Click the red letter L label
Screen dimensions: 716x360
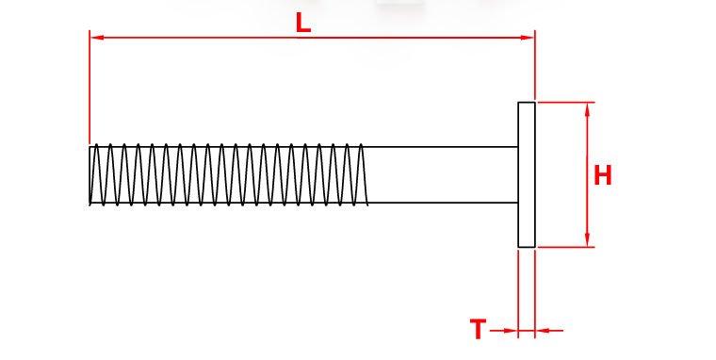[x=303, y=23]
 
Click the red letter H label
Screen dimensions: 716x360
[x=602, y=175]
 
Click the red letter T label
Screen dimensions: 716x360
[x=478, y=329]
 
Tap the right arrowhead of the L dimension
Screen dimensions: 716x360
[x=528, y=38]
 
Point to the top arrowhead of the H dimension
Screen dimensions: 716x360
[x=587, y=109]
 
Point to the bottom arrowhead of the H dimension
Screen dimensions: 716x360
[x=587, y=240]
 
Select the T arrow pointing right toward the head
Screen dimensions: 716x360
[x=503, y=330]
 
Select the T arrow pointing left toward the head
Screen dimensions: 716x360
[x=549, y=330]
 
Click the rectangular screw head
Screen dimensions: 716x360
[x=527, y=174]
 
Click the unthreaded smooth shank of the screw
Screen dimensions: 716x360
[x=442, y=174]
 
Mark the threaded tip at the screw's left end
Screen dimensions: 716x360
[x=91, y=174]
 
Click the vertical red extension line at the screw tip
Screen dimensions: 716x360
[x=89, y=87]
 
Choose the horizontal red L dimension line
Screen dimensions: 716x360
[x=313, y=38]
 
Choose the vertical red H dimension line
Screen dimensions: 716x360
[x=587, y=174]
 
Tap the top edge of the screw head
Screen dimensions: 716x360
[x=527, y=103]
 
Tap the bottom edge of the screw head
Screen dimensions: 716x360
[x=527, y=247]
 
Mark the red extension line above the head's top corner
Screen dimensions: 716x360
[x=535, y=65]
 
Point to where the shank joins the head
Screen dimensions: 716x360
[x=518, y=174]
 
